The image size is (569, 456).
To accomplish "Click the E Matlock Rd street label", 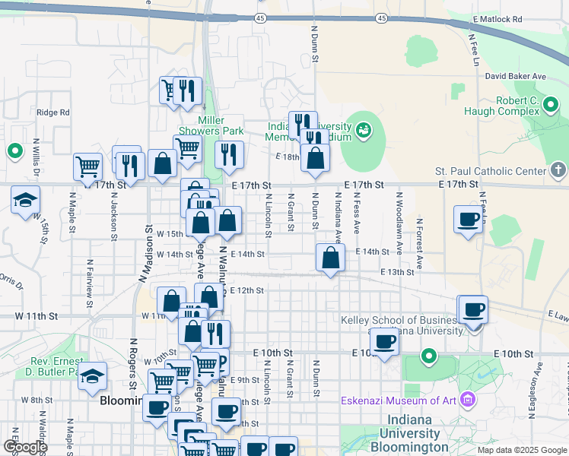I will pos(497,19).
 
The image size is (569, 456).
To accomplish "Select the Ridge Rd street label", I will pos(52,112).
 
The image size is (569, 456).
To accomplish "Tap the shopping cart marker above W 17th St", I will pos(88,166).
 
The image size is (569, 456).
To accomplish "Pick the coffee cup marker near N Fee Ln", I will pos(468,220).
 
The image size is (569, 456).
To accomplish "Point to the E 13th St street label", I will pos(397,271).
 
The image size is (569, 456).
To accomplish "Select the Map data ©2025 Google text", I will pos(523,450).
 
